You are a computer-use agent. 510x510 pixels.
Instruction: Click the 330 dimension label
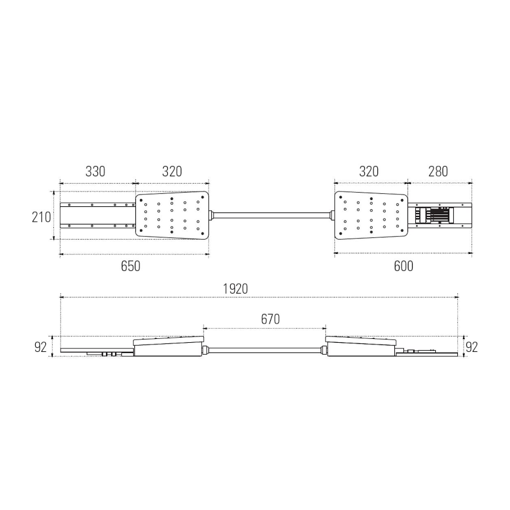coord(95,171)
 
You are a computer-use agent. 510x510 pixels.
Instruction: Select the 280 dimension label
coord(438,171)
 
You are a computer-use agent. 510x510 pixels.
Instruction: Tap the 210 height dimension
coord(41,217)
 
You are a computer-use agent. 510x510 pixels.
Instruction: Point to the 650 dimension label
coord(130,266)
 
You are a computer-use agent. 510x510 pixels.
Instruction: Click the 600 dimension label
coord(403,266)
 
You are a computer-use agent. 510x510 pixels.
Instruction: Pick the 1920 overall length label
coord(235,289)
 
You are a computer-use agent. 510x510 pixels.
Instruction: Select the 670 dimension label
coord(270,320)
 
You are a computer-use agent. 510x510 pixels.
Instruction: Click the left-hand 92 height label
coord(41,347)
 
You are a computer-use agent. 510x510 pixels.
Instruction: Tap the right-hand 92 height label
coord(471,347)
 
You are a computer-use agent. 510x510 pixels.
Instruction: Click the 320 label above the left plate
coord(172,171)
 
